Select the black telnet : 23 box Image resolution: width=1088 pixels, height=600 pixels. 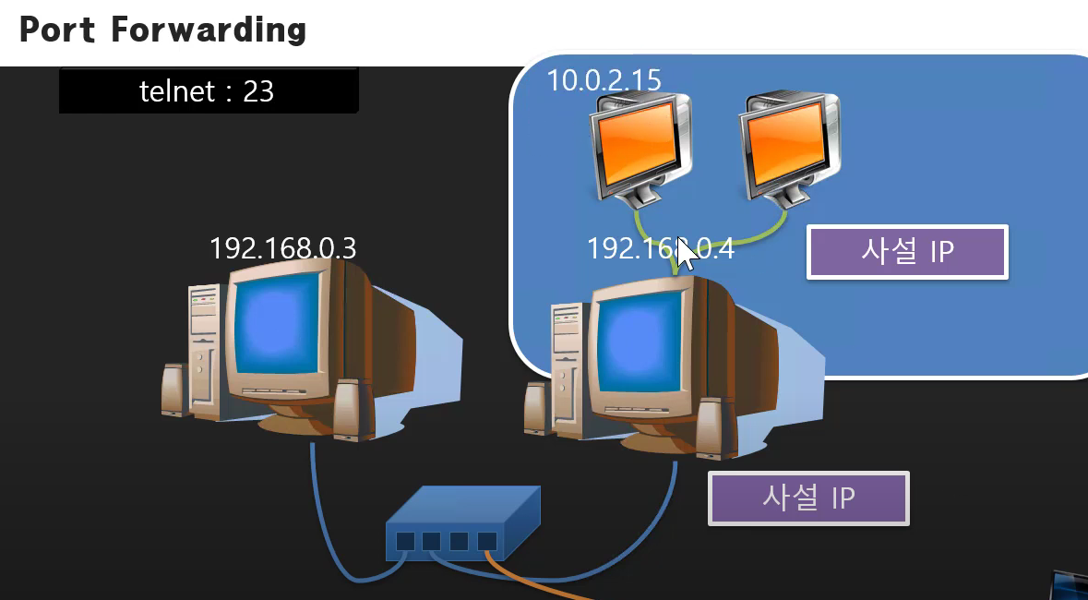click(208, 90)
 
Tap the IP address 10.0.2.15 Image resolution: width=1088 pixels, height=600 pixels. click(604, 80)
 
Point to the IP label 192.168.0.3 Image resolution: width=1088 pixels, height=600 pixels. click(282, 248)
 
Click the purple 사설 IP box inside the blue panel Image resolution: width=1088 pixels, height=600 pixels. click(907, 251)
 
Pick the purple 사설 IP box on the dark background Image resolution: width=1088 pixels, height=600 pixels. click(808, 498)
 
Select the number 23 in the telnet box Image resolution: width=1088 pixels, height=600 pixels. click(258, 90)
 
